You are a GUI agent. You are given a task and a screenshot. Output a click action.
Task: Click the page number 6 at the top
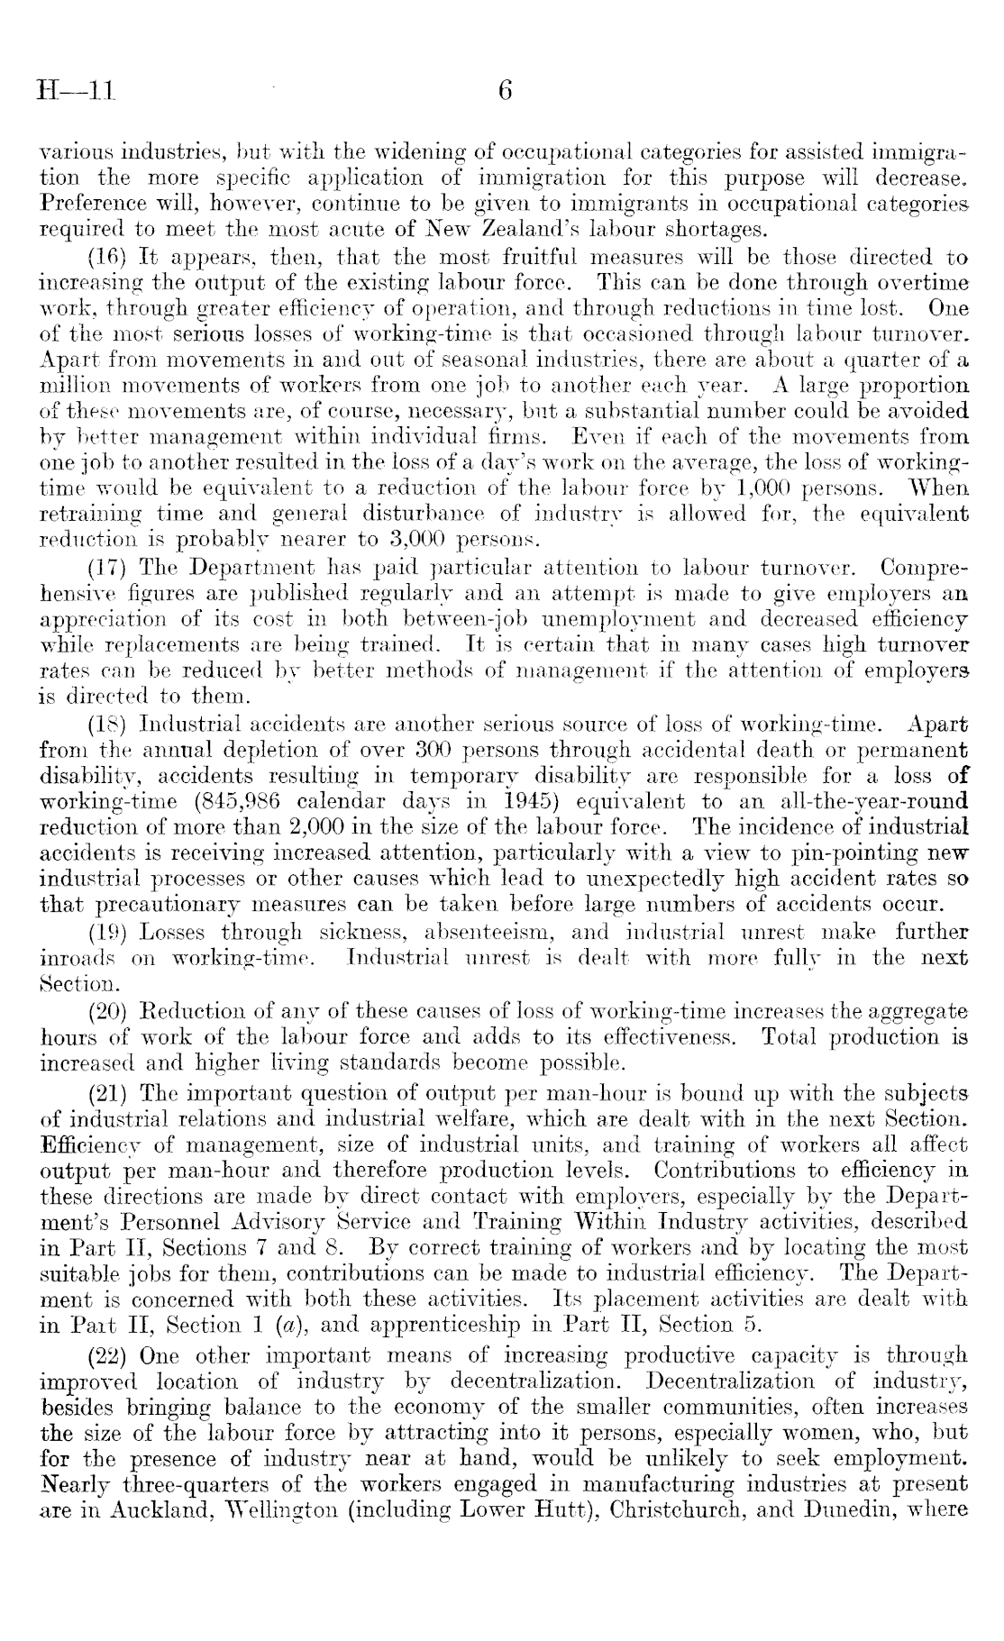tap(505, 90)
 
